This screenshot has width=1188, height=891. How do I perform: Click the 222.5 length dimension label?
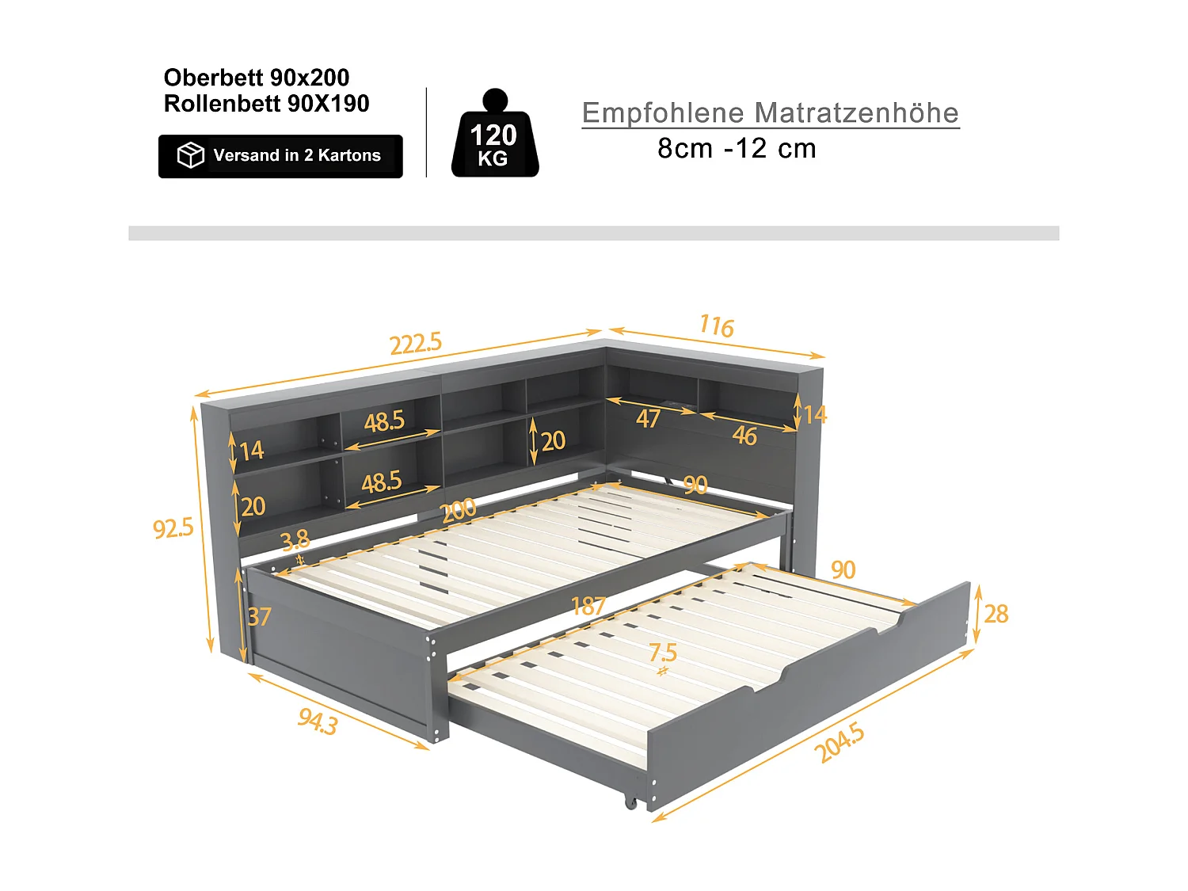click(x=415, y=343)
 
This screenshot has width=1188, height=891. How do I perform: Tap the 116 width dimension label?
click(x=716, y=326)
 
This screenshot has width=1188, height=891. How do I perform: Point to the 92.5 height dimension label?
click(x=173, y=527)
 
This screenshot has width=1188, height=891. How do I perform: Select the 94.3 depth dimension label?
click(x=318, y=722)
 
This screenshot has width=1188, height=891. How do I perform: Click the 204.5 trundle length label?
click(x=840, y=743)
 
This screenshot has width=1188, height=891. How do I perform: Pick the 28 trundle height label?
click(x=996, y=614)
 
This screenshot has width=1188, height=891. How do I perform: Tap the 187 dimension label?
click(x=588, y=606)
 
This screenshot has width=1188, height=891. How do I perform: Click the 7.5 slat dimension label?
click(x=662, y=653)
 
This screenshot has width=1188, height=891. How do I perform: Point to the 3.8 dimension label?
click(x=295, y=540)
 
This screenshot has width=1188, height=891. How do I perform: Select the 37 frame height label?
click(x=259, y=616)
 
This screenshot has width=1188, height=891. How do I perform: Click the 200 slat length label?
click(x=459, y=510)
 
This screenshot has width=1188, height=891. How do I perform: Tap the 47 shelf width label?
click(x=648, y=418)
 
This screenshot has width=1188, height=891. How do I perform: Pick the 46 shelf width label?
click(x=744, y=436)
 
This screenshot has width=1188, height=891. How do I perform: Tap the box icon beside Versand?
click(x=190, y=155)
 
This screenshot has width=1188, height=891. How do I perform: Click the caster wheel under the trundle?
click(x=631, y=802)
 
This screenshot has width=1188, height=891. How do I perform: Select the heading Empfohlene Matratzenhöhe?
click(x=770, y=112)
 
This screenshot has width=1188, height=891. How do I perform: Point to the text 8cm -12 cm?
click(x=737, y=148)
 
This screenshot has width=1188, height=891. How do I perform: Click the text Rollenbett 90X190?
click(x=266, y=104)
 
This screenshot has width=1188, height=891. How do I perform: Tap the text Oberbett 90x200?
click(x=256, y=78)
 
